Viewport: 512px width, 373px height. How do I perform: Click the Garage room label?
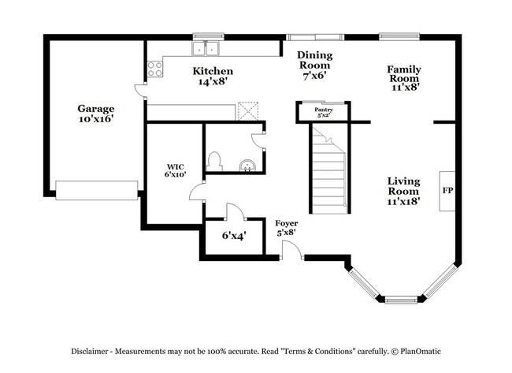tap(95, 114)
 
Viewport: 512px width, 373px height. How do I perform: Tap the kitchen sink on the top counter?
tap(207, 49)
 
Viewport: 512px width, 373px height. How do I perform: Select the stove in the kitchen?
tap(155, 69)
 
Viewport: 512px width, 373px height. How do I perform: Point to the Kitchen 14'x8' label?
tap(213, 76)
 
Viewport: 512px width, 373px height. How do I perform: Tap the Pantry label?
tap(323, 112)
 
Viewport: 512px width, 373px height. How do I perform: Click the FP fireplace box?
tap(447, 191)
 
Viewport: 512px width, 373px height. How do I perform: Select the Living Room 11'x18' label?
tap(403, 191)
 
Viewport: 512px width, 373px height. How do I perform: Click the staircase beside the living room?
tap(328, 173)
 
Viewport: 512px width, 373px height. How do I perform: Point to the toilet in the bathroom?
tap(214, 161)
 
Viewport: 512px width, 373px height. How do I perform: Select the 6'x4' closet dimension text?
tap(233, 235)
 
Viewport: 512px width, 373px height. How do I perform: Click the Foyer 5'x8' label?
tap(285, 228)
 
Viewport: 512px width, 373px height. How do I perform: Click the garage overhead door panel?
tap(96, 190)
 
